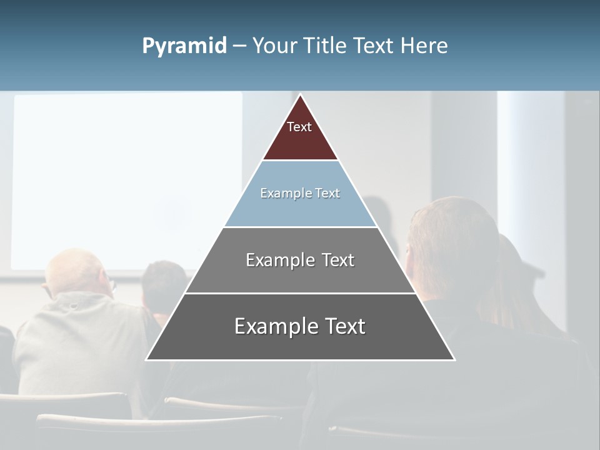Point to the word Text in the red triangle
(299, 127)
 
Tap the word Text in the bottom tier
(343, 326)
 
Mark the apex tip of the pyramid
(300, 96)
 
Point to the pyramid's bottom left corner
(147, 359)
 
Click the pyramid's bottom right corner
(454, 359)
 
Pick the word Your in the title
(274, 46)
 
